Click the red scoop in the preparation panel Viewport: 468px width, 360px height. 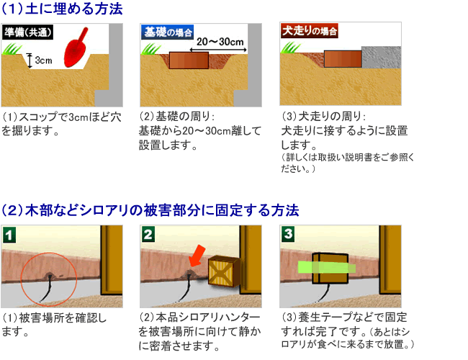75,49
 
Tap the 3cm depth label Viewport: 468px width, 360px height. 43,60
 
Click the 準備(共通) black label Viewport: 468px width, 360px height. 28,32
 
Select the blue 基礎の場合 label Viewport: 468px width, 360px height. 168,32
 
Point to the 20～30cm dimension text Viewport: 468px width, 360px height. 220,42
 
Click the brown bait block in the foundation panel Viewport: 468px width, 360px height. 189,60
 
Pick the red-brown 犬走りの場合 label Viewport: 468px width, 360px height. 309,31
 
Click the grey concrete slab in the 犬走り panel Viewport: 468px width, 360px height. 381,58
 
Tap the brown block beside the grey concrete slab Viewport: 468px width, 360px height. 343,59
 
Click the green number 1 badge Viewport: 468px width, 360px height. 9,235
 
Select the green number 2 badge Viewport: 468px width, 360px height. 148,234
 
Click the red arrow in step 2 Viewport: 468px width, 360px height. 197,256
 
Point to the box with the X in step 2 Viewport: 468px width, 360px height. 224,271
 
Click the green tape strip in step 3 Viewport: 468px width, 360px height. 327,267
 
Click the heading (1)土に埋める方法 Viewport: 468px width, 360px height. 62,9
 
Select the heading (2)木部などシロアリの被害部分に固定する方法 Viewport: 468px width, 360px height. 150,210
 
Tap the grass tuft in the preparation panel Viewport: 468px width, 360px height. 12,49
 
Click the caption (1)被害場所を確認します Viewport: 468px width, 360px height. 54,325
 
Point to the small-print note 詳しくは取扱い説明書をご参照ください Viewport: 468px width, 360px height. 348,163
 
